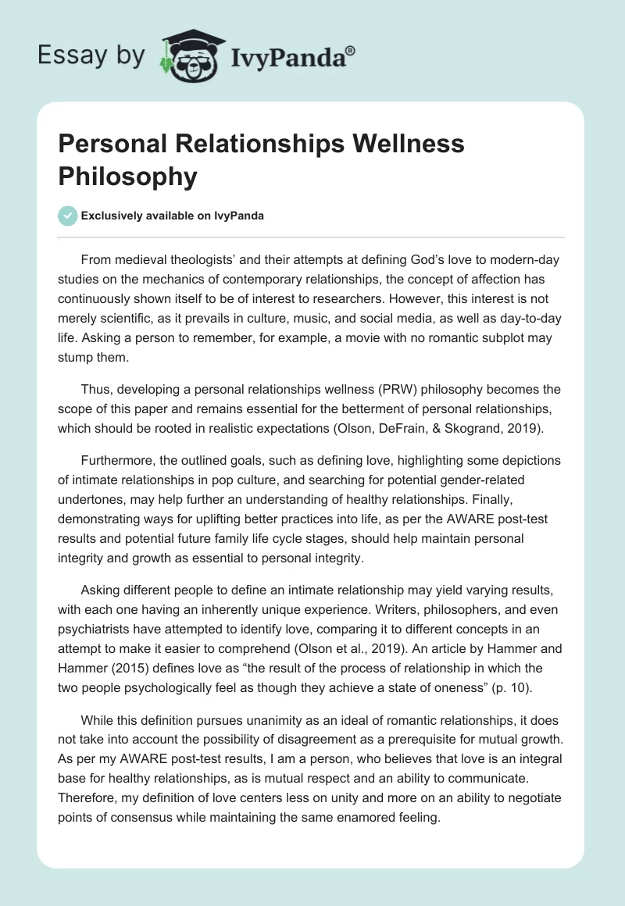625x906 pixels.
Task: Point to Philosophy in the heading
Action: point(127,176)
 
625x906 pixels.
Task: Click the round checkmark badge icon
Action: point(68,216)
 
